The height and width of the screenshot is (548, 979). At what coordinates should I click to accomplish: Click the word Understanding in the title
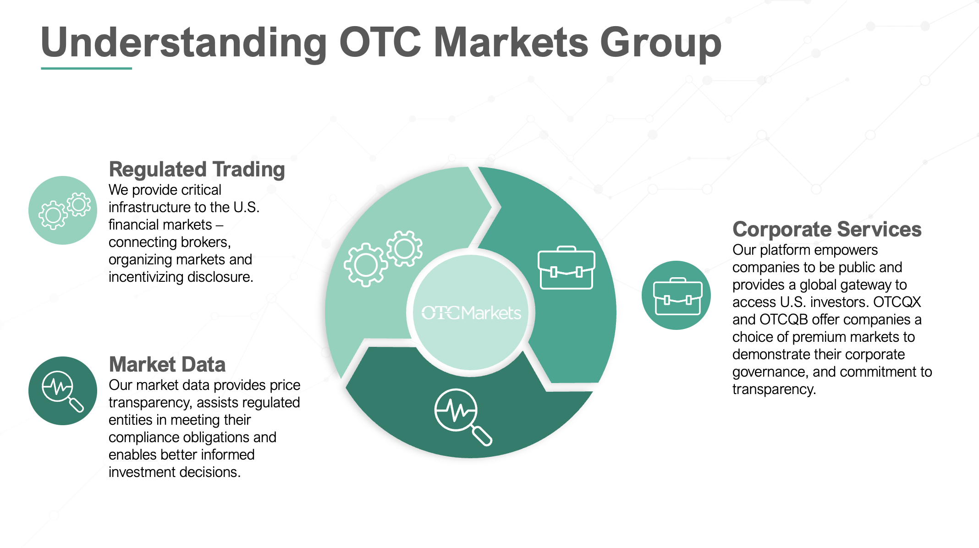coord(184,42)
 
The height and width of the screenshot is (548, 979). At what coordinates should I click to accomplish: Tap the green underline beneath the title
coord(86,68)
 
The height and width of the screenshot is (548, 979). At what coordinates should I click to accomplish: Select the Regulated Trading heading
coord(197,169)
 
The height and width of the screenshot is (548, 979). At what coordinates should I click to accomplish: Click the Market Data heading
coord(167,364)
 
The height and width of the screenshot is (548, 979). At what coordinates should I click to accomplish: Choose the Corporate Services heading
coord(827,229)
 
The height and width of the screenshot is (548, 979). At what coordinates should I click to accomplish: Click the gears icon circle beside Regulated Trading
coord(63,210)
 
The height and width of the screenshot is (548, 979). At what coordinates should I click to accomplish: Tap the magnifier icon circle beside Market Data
coord(63,391)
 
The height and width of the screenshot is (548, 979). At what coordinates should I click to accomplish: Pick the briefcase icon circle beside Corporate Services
coord(676,295)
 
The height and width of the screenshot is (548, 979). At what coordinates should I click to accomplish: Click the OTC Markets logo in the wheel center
coord(471,313)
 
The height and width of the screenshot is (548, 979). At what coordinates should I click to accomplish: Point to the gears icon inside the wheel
coord(383,258)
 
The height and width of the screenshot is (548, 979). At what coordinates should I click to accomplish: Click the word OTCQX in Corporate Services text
coord(897,302)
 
